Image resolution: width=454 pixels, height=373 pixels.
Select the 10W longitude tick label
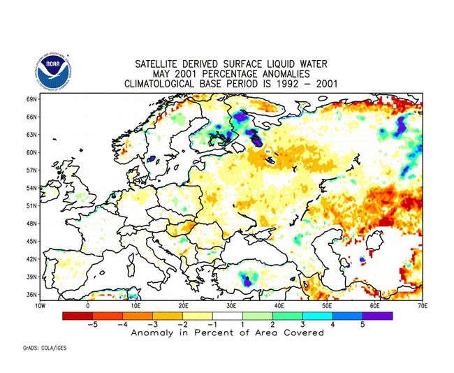(40, 306)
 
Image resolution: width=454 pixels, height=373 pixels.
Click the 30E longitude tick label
(231, 306)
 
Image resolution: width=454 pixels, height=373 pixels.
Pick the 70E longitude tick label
(422, 306)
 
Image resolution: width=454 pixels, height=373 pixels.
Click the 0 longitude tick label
(88, 306)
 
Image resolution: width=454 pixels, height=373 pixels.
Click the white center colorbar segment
(227, 316)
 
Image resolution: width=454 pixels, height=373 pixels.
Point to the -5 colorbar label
(90, 325)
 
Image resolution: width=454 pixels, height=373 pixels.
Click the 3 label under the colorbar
(302, 325)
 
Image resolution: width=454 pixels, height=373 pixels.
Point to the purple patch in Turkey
(246, 281)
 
